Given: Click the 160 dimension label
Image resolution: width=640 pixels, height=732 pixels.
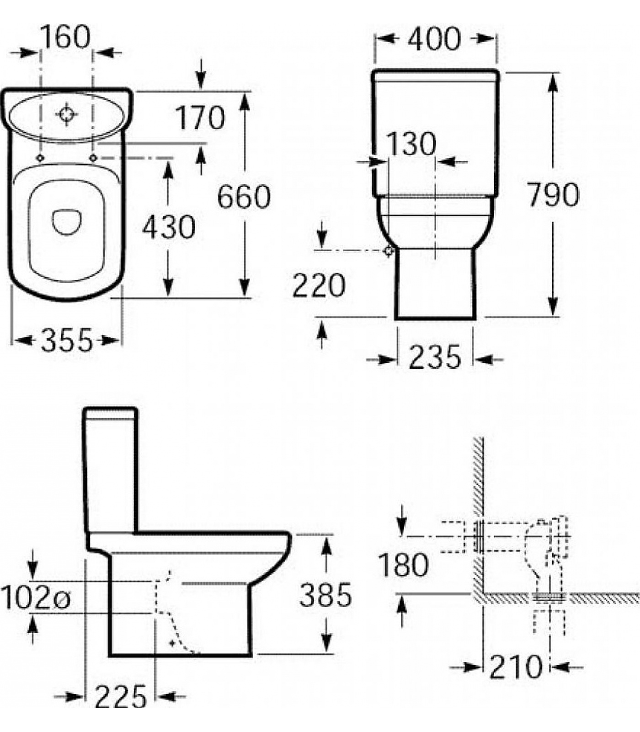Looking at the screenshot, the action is pos(66,37).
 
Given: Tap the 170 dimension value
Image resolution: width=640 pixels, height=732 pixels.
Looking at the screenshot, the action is pos(200,118).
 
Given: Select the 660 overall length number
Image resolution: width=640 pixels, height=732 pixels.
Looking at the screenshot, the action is pos(244,197).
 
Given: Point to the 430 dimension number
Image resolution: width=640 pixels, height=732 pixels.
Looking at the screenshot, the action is pos(169,227).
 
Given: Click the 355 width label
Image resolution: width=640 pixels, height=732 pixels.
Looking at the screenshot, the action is pos(67,341).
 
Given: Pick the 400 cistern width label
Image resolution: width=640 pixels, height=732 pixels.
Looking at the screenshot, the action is pos(434,39).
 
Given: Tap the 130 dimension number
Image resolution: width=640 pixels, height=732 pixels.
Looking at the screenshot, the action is pos(411,144).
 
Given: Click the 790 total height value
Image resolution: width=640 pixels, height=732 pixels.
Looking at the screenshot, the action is pos(553,194).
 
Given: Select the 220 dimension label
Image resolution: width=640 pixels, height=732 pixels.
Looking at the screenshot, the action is pos(318,285).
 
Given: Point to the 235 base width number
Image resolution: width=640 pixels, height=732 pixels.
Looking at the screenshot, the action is pos(434,357).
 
